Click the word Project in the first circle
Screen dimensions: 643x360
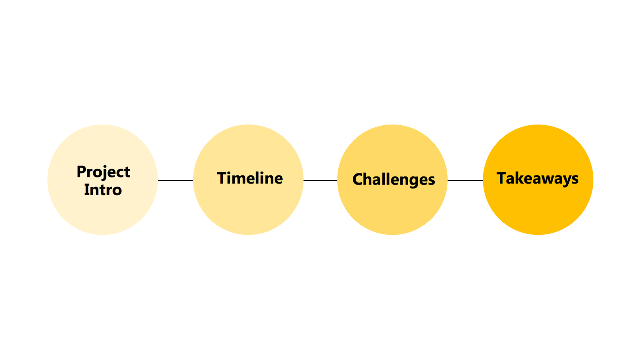click(x=103, y=172)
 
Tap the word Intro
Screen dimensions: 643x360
click(x=103, y=190)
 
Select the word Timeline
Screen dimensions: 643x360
click(x=250, y=178)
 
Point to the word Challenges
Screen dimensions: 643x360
click(x=394, y=179)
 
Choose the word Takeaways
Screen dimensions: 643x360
click(x=538, y=178)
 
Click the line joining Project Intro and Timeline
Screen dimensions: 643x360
click(x=175, y=181)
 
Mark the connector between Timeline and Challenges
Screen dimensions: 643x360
click(x=320, y=181)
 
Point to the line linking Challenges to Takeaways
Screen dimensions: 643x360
click(x=465, y=181)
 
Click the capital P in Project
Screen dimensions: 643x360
click(x=81, y=171)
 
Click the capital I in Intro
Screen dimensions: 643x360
click(x=86, y=190)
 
